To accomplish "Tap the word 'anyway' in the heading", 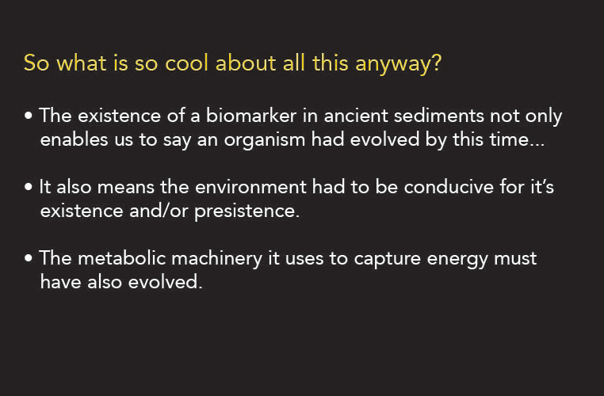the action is [x=393, y=64].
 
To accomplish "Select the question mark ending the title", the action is [x=437, y=63].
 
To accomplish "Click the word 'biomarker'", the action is [x=251, y=116].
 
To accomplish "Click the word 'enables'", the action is [x=74, y=139].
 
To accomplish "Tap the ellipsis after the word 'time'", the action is [x=537, y=145].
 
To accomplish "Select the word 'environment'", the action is [x=250, y=187].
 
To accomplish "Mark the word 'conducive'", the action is [x=449, y=187].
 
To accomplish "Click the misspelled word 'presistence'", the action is [x=247, y=211].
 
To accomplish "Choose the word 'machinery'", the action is [x=217, y=259].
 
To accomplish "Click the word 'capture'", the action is [x=387, y=259].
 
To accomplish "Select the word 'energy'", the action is [x=457, y=260].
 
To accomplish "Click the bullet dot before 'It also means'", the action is [x=28, y=187].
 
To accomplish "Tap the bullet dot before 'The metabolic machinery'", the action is [x=28, y=258].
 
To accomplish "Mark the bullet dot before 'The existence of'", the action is [x=28, y=116].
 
